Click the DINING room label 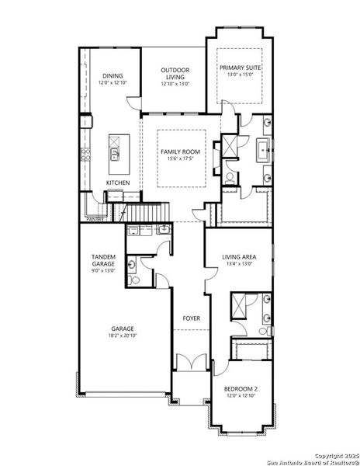tap(112, 76)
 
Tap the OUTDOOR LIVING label tap(175, 74)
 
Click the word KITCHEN tap(118, 183)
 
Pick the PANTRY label tap(95, 219)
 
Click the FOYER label tap(191, 318)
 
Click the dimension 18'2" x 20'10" tap(123, 335)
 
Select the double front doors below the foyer tap(190, 361)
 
